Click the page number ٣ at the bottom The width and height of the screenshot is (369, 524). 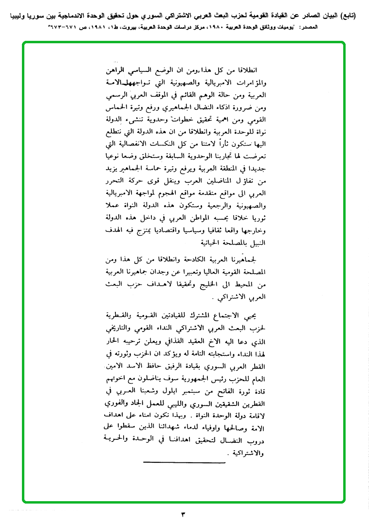[x=184, y=513]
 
